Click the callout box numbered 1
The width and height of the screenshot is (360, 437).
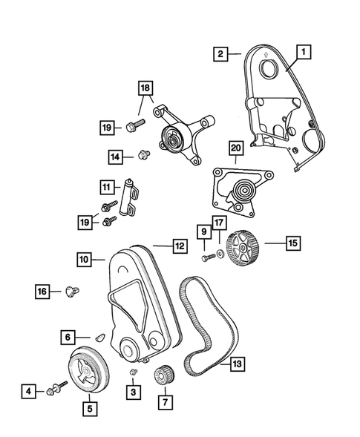point(304,52)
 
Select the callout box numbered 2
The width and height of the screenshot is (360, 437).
point(220,53)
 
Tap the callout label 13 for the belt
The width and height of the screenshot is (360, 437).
point(237,364)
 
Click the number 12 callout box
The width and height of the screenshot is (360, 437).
point(179,245)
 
